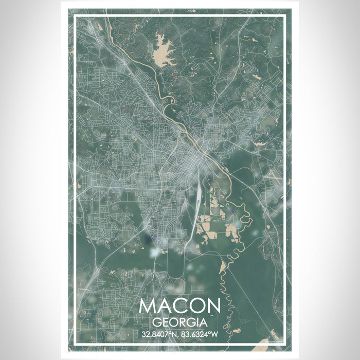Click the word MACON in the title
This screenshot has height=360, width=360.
tap(179, 306)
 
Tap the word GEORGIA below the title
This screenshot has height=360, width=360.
tap(179, 322)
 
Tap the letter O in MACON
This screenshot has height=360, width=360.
tap(196, 306)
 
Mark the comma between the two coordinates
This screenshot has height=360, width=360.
tap(179, 336)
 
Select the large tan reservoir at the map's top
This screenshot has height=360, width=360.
tap(163, 49)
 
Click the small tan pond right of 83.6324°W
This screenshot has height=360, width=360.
tap(237, 330)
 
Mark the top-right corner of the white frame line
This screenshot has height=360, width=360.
tap(285, 16)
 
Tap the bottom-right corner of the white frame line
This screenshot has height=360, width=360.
tap(285, 344)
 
